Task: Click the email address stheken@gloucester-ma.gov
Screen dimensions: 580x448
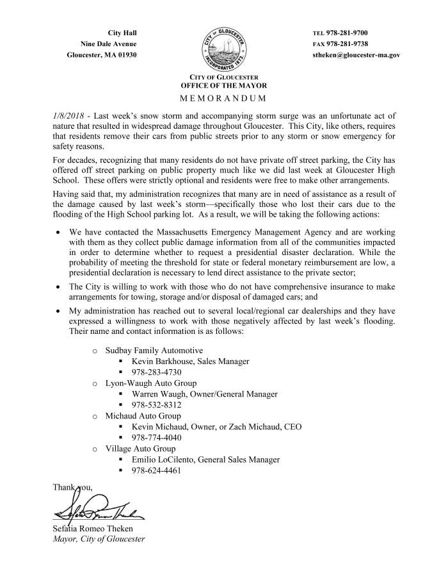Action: [x=356, y=55]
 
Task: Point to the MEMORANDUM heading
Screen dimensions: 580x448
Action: [x=223, y=98]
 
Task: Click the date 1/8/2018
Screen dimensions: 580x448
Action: [x=68, y=116]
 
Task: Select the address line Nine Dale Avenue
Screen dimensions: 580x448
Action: [x=109, y=44]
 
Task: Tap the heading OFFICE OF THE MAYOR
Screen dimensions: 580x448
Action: [x=223, y=85]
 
